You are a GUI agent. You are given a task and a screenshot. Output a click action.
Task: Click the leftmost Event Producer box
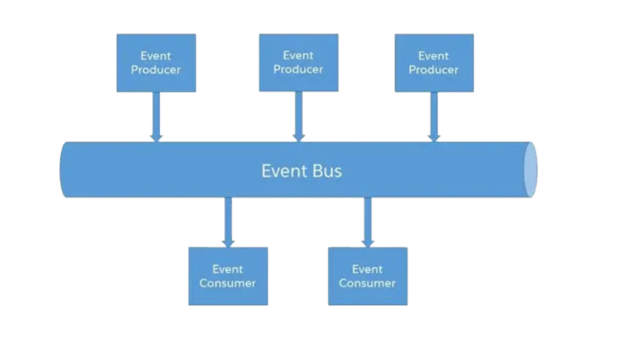point(156,63)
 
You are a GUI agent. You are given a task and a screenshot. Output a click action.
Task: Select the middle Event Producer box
point(299,62)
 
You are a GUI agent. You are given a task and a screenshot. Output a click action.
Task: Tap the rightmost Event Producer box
point(434,63)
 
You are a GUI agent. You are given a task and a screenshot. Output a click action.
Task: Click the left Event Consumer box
point(228,276)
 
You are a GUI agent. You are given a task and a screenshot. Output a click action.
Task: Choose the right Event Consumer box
point(368,276)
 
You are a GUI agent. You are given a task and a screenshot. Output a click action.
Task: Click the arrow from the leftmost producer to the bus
point(156,117)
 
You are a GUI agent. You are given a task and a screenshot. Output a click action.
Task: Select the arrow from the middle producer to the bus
point(299,117)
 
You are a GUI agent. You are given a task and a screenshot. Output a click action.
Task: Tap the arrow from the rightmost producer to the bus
point(434,117)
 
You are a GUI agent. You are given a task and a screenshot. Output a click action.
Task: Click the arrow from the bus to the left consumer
point(228,222)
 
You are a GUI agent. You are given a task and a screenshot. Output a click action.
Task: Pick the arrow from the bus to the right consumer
point(368,222)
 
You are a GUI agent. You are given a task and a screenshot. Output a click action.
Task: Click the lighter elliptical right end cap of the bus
point(530,170)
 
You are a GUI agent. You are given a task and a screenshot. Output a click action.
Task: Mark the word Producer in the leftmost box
point(156,70)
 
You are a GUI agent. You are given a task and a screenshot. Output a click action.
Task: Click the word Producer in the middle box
point(298,69)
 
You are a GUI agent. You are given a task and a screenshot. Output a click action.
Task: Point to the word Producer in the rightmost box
point(433,70)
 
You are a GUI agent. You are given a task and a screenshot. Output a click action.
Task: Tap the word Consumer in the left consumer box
point(227,283)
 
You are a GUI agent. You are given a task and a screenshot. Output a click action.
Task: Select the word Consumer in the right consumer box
point(367,283)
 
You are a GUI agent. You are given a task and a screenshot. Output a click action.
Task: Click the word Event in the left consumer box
point(228,269)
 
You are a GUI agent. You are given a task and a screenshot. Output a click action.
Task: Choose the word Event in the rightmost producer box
point(433,56)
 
